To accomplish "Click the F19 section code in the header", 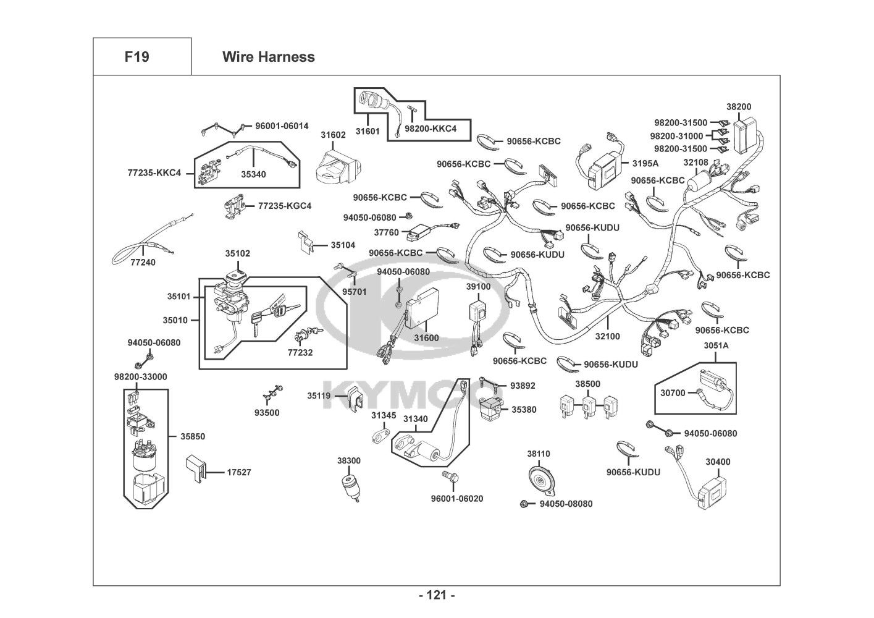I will tap(137, 57).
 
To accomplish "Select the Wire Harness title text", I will tap(268, 57).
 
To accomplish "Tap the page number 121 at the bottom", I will tap(437, 595).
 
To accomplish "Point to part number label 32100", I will tap(607, 336).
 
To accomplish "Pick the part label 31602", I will tap(333, 135).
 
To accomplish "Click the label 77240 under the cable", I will tap(143, 262).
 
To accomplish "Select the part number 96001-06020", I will tap(457, 498).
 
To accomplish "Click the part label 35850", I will tap(193, 436).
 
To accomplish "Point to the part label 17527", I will tap(239, 472).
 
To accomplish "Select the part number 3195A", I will tap(645, 163).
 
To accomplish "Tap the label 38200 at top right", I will tap(739, 107).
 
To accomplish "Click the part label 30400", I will tap(718, 462).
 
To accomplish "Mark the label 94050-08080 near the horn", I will tap(566, 504).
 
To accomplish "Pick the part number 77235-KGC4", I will tap(285, 205).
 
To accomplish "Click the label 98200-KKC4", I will tap(431, 129).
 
